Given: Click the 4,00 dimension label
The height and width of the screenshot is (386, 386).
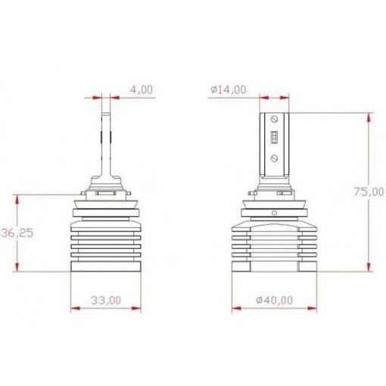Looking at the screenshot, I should [x=142, y=89].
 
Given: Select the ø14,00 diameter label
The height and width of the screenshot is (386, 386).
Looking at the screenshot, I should [x=228, y=89].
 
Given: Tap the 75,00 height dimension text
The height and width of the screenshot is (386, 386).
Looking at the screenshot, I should [x=367, y=192].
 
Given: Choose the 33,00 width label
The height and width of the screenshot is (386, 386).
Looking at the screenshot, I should [x=105, y=300].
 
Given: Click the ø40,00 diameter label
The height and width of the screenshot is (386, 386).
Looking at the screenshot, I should [x=275, y=300].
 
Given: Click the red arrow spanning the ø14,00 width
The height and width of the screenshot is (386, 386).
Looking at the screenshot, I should [x=274, y=98].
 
